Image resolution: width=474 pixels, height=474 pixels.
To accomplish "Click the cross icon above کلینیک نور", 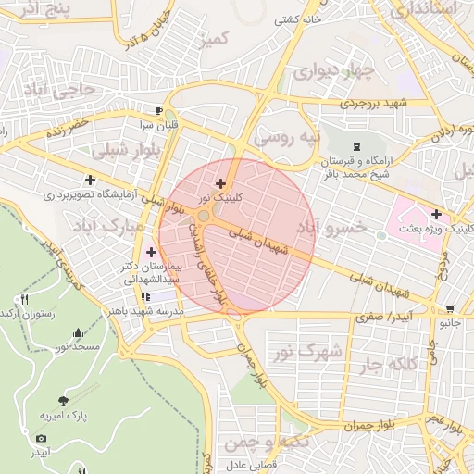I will (x=219, y=184).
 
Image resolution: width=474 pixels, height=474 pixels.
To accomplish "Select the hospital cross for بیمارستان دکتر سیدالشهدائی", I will (x=150, y=252).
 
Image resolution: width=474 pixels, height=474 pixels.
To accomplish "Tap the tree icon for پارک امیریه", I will (x=63, y=401).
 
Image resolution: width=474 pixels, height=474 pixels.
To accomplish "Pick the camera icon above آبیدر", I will (x=41, y=438).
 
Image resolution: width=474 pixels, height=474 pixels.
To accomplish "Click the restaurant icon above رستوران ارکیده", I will (x=25, y=299).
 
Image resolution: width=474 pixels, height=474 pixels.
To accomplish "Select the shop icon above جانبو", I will (x=450, y=309).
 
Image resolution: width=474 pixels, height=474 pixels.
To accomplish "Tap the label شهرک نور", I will (x=309, y=352).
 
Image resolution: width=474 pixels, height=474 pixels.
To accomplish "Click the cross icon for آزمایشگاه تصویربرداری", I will (x=89, y=181).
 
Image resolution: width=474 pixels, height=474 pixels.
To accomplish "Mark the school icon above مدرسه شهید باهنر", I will (x=145, y=296).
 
